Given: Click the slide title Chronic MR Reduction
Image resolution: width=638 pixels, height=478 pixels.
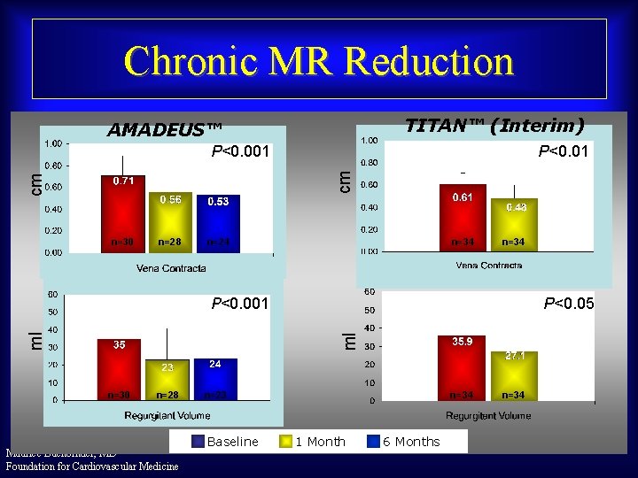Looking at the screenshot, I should [319, 61].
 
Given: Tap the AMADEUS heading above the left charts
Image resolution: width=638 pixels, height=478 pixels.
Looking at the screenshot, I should [165, 130].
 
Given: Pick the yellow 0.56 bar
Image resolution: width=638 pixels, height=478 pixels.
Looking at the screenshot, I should [169, 221].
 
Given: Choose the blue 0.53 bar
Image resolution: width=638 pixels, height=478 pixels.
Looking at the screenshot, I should [217, 223].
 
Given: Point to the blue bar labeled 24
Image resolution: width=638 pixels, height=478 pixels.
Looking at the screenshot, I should [214, 379].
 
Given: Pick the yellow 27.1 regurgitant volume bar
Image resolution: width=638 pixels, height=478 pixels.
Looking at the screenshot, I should [513, 375].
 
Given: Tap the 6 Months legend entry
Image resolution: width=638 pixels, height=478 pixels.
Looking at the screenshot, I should [407, 442].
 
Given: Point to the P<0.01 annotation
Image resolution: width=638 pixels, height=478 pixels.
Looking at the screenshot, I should [564, 152].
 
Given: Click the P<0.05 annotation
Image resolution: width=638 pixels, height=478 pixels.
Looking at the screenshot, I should [568, 305].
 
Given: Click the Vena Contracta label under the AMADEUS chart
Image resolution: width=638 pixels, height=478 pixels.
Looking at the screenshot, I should [171, 267].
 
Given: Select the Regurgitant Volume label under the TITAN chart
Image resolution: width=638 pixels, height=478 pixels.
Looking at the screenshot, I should [488, 415].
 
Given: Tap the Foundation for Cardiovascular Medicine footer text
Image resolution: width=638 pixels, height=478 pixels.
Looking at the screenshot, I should [92, 466].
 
